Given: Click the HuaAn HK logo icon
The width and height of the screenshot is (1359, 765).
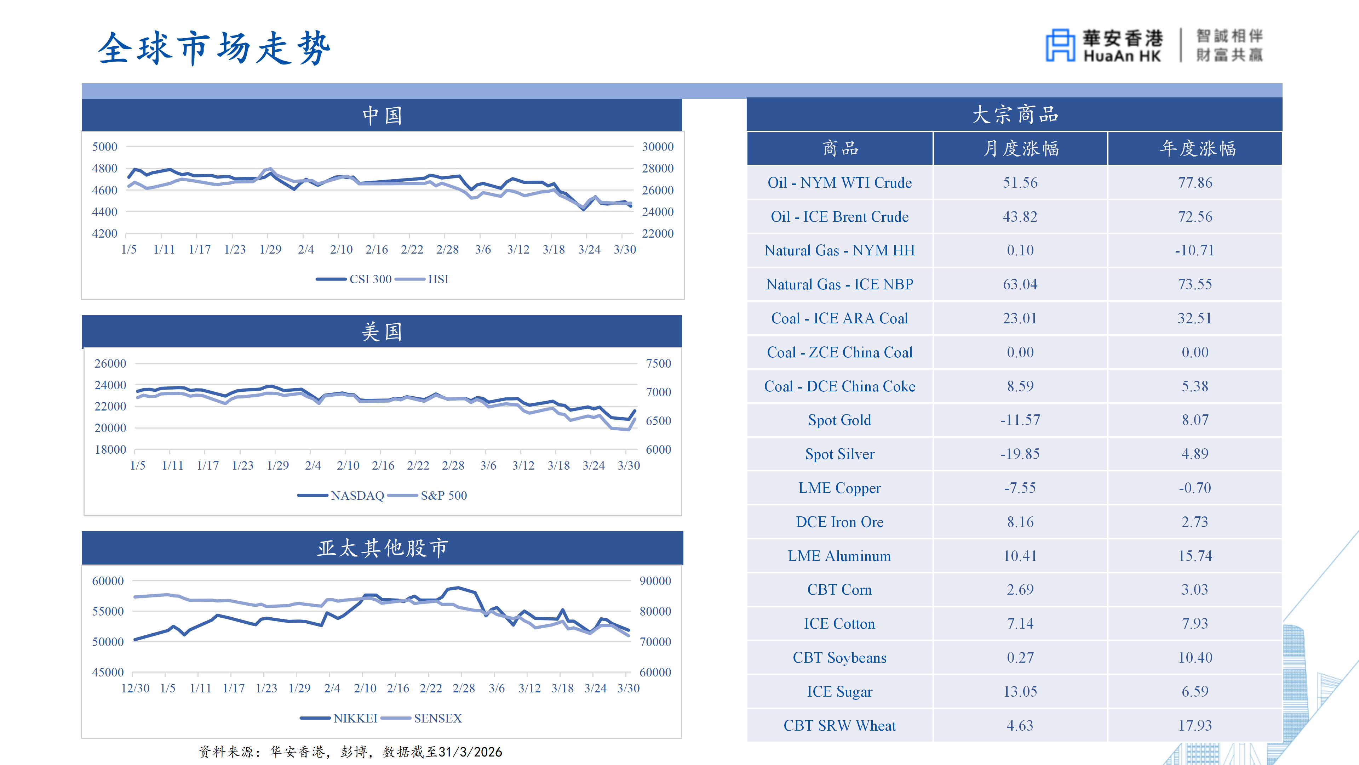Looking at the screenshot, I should click(x=1060, y=45).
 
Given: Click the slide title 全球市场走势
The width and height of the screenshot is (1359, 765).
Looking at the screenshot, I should click(x=214, y=48).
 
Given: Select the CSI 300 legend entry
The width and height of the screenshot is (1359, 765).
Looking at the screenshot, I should click(x=370, y=279).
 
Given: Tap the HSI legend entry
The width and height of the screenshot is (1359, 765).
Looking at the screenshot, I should click(x=437, y=279).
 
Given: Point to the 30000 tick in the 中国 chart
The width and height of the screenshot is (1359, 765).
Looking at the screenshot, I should click(x=657, y=147).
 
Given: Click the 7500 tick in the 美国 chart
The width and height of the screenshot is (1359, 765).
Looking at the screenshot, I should click(x=658, y=364).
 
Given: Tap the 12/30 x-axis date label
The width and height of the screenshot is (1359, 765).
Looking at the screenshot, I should click(x=135, y=688).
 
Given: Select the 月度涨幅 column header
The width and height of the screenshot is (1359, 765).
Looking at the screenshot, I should click(x=1020, y=149).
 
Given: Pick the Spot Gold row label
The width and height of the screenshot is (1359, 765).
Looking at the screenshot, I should click(x=839, y=420).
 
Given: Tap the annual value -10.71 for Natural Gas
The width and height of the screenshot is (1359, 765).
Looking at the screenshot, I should click(x=1194, y=250).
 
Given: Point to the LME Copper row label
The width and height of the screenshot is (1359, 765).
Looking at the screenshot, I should click(x=839, y=488).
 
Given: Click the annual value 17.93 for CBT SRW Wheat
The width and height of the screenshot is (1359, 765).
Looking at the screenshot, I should click(x=1195, y=725).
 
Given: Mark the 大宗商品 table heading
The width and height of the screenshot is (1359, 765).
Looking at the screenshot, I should click(x=1015, y=114).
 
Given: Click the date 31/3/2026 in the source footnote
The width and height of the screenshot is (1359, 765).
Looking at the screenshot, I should click(x=470, y=752).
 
